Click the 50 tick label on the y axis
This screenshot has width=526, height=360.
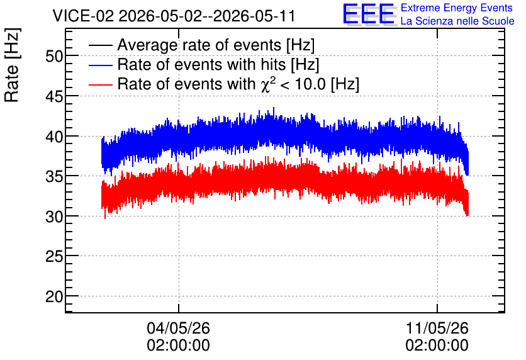(54, 57)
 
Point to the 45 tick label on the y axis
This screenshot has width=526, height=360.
(54, 97)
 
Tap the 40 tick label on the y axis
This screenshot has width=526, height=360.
(54, 137)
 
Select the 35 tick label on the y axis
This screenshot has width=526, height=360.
(54, 176)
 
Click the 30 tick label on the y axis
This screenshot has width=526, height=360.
(54, 217)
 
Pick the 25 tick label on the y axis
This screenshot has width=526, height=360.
(54, 257)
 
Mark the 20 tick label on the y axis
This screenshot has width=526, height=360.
(54, 296)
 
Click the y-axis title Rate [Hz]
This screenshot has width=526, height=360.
(12, 65)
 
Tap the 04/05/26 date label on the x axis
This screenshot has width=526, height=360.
(179, 328)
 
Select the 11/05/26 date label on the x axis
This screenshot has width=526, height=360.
(437, 328)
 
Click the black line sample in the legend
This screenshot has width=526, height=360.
(101, 45)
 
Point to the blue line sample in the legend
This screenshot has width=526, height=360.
(101, 65)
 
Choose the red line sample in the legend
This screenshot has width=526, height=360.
(101, 84)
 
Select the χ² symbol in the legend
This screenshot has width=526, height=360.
(269, 84)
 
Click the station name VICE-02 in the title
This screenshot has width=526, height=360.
(84, 16)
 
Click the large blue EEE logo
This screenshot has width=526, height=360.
(369, 14)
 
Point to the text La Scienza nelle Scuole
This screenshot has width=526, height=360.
(457, 21)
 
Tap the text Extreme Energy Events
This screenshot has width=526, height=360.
(457, 8)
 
